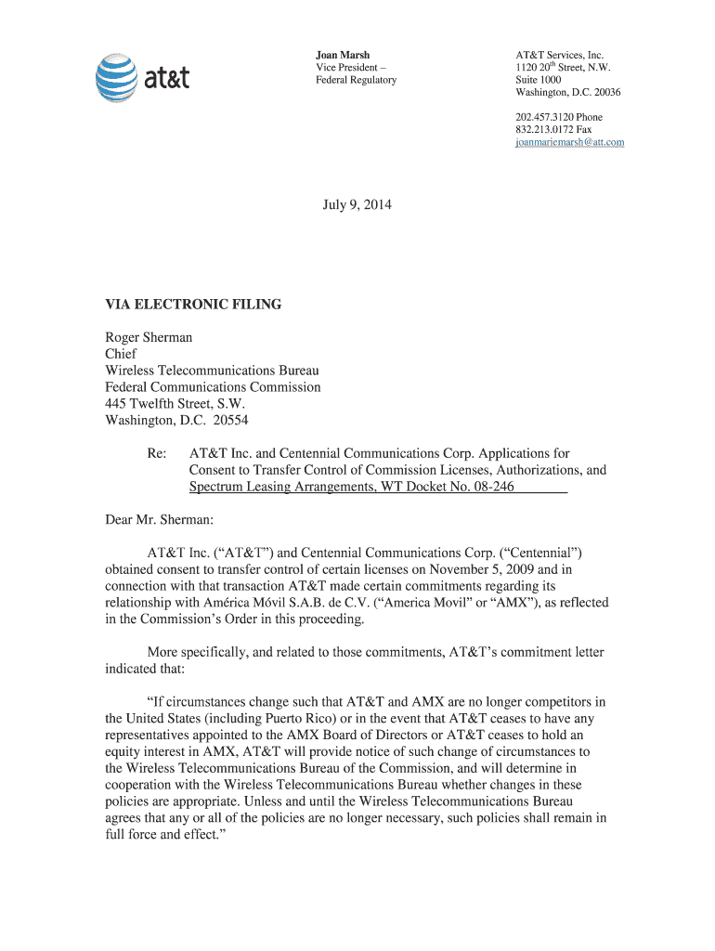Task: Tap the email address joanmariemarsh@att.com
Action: [569, 142]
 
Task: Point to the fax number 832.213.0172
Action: [545, 130]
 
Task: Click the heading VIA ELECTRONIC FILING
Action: [193, 305]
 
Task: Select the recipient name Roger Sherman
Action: [149, 338]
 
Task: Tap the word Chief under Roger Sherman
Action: [121, 354]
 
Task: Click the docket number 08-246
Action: [491, 487]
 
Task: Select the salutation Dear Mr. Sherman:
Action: [160, 520]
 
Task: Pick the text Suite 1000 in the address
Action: [538, 80]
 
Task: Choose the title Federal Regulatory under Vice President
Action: [356, 80]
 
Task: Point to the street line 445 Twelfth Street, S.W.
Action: [176, 403]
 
